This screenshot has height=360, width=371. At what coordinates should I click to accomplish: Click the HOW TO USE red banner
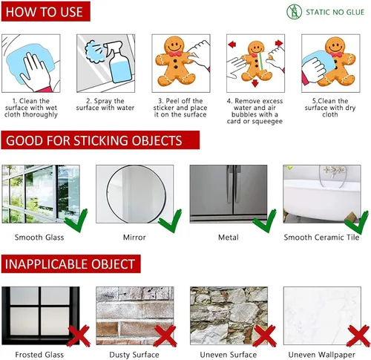tap(46, 11)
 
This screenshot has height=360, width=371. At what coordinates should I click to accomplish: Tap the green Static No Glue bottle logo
tap(294, 12)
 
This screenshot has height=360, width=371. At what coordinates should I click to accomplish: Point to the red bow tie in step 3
tap(174, 54)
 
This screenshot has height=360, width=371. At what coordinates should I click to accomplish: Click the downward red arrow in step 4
tap(255, 83)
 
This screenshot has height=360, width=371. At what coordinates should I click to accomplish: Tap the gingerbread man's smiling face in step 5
tap(335, 46)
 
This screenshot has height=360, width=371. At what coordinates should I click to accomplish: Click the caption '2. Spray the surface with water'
tap(105, 104)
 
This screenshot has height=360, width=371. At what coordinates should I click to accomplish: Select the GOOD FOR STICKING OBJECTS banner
tap(100, 140)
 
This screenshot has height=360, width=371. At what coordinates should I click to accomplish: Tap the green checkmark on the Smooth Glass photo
tap(76, 220)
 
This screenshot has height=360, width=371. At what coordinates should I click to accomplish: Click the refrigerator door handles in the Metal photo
tap(234, 183)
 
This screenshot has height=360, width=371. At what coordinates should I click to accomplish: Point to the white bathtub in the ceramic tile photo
tap(322, 197)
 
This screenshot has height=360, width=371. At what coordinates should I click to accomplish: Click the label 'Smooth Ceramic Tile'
tap(321, 238)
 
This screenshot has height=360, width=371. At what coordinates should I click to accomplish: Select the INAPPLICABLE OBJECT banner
tap(71, 264)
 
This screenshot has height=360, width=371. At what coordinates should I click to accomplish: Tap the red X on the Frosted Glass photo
tap(79, 336)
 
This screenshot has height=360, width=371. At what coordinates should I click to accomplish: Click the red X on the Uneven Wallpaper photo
tap(358, 336)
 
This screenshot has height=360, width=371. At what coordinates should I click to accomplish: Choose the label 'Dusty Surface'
tap(134, 355)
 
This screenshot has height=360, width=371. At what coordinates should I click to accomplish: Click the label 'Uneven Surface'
tap(229, 355)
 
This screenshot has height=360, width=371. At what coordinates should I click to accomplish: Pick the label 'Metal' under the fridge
tap(229, 238)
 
